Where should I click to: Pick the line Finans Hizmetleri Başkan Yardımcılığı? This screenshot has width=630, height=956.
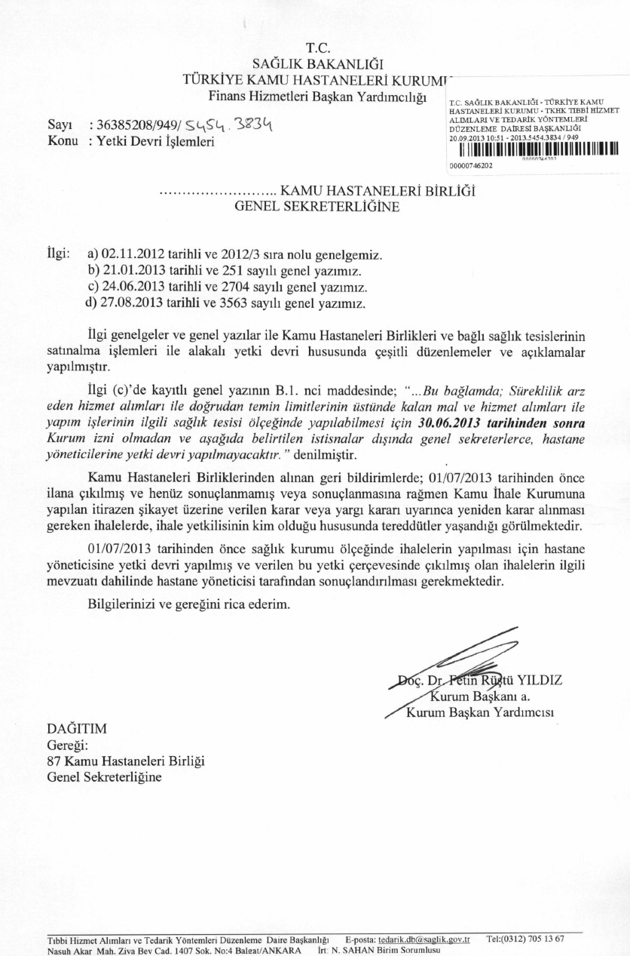(x=317, y=96)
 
